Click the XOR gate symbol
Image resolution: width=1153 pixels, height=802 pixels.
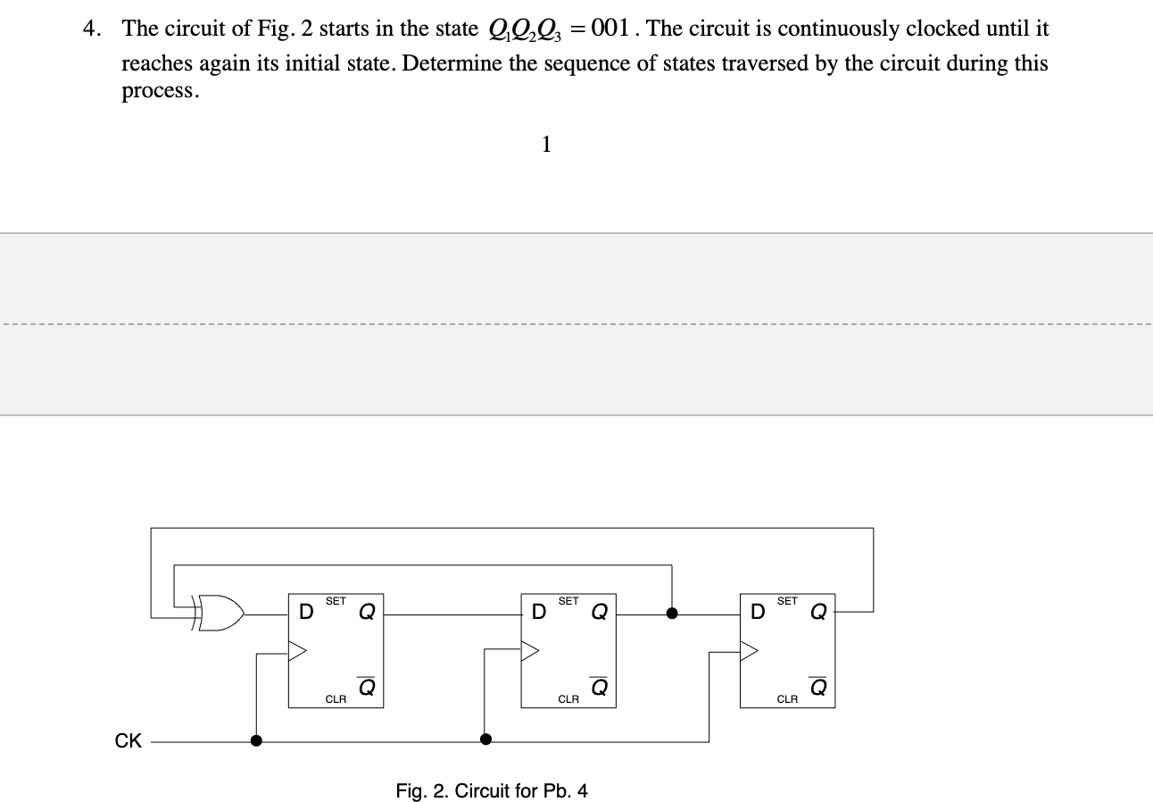point(220,614)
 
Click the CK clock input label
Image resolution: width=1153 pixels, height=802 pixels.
point(129,740)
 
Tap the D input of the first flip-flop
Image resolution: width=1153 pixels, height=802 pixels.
point(305,613)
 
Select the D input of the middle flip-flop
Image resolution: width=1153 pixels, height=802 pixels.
point(538,613)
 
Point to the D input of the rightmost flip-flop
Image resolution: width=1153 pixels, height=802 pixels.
point(758,613)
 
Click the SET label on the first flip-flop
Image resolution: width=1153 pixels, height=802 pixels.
point(336,602)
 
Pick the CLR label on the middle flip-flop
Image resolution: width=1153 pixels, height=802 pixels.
point(568,699)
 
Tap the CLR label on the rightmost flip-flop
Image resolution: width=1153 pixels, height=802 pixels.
point(787,699)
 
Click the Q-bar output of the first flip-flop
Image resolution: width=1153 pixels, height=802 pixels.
point(366,686)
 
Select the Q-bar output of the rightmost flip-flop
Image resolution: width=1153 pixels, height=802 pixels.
point(817,686)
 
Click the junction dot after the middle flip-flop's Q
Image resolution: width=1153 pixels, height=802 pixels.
point(672,614)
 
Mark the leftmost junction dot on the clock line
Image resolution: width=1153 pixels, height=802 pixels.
point(256,740)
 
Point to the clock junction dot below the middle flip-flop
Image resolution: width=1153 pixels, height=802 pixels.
point(485,739)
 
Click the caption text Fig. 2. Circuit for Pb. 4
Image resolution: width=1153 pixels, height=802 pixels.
point(492,791)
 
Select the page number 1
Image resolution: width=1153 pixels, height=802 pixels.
point(546,144)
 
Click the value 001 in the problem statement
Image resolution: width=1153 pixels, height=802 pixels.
point(617,29)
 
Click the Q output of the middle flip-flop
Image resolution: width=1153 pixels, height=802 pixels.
point(599,613)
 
